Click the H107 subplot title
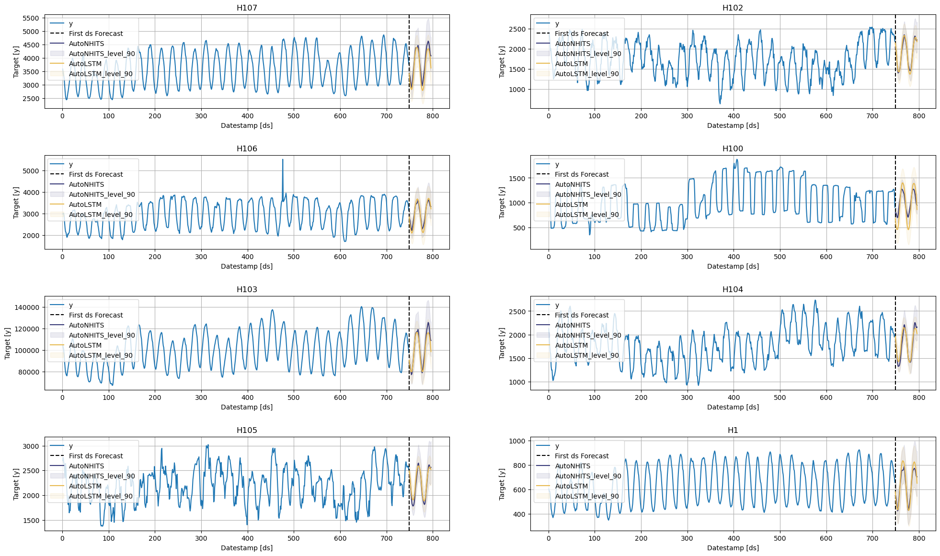(247, 8)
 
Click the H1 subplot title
(733, 430)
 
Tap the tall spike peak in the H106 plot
(283, 160)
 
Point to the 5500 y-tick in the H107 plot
(31, 18)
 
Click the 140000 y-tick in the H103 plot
(27, 307)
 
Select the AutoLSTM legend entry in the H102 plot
(571, 64)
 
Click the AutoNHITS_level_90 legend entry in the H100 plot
(588, 194)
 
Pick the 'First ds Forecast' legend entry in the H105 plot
(96, 456)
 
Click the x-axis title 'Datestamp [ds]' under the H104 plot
(733, 407)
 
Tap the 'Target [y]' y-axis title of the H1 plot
(502, 484)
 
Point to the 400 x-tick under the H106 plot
(247, 257)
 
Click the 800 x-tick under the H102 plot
(918, 116)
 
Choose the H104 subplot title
(733, 289)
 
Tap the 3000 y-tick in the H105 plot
(31, 446)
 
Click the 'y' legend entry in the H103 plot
(71, 305)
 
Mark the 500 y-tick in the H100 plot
(519, 228)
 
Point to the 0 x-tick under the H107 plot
(62, 116)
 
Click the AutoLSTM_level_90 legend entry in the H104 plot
(586, 355)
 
